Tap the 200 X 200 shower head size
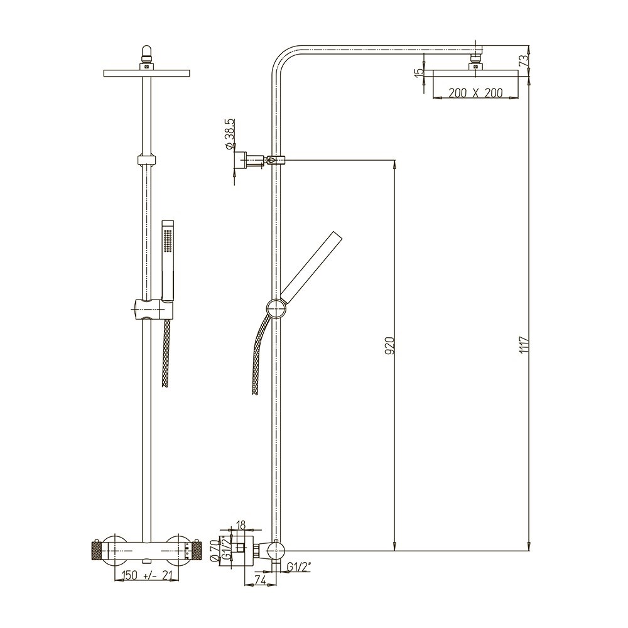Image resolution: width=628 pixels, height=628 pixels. pos(477,93)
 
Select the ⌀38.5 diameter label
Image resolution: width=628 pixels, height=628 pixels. pos(230,133)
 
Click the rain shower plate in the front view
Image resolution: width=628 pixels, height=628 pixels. pos(146,75)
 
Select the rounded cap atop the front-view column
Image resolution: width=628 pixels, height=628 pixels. pos(146,51)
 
